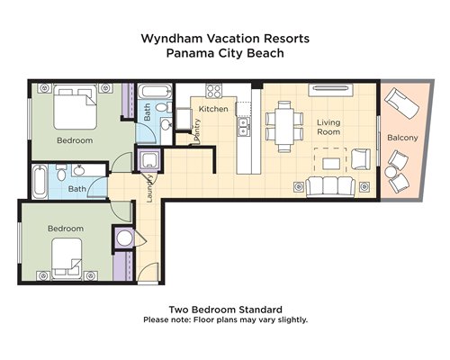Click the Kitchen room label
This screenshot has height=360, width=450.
point(213,109)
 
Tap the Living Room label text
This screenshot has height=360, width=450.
point(328,127)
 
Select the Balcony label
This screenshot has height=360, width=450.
point(402,138)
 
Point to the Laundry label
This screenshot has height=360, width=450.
point(149,188)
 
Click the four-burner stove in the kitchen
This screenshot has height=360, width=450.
point(214,91)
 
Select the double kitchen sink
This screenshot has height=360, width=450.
point(243,127)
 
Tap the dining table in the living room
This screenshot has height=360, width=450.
point(284,126)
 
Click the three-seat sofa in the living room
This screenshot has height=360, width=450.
point(330,186)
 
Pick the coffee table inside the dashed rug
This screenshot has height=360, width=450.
point(331,164)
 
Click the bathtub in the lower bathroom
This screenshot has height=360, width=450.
point(40,182)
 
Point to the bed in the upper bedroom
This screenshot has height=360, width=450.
point(75,107)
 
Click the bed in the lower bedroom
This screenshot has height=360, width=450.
point(67,258)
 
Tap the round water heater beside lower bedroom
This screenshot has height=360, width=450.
point(124,238)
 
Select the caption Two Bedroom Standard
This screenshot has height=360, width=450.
point(226,310)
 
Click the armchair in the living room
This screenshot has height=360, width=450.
point(361,159)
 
